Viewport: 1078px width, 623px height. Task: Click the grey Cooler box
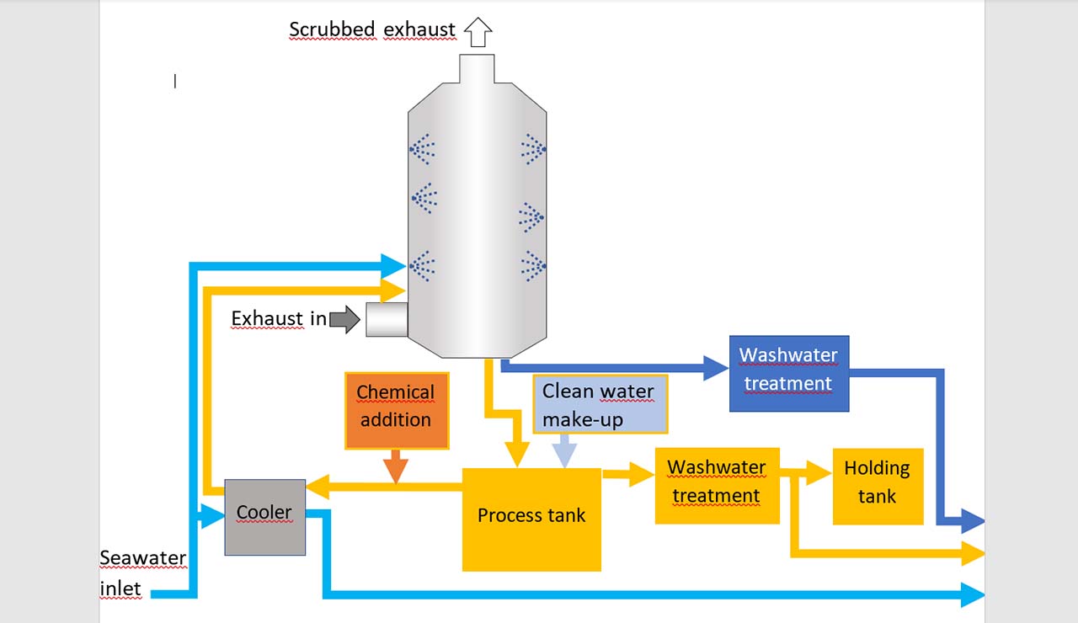tap(264, 517)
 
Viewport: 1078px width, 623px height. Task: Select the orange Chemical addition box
tap(396, 410)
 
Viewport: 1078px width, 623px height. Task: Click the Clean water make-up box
tap(600, 404)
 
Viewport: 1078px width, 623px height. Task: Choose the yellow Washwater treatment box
tap(717, 485)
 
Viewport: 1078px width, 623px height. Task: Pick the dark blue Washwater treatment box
tap(788, 373)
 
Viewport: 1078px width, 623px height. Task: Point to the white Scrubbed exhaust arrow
tap(478, 32)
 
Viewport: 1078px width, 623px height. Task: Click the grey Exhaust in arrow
tap(344, 319)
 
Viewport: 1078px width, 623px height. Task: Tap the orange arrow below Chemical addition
tap(396, 469)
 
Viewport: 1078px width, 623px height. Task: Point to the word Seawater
tap(143, 558)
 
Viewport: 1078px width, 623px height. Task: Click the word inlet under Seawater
tap(120, 588)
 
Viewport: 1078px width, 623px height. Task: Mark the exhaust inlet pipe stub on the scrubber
tap(387, 320)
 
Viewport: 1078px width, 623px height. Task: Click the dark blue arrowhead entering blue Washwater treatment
tap(716, 367)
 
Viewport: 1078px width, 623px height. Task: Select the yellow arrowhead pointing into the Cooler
tap(317, 486)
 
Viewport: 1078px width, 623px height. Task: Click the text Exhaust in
tap(279, 319)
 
